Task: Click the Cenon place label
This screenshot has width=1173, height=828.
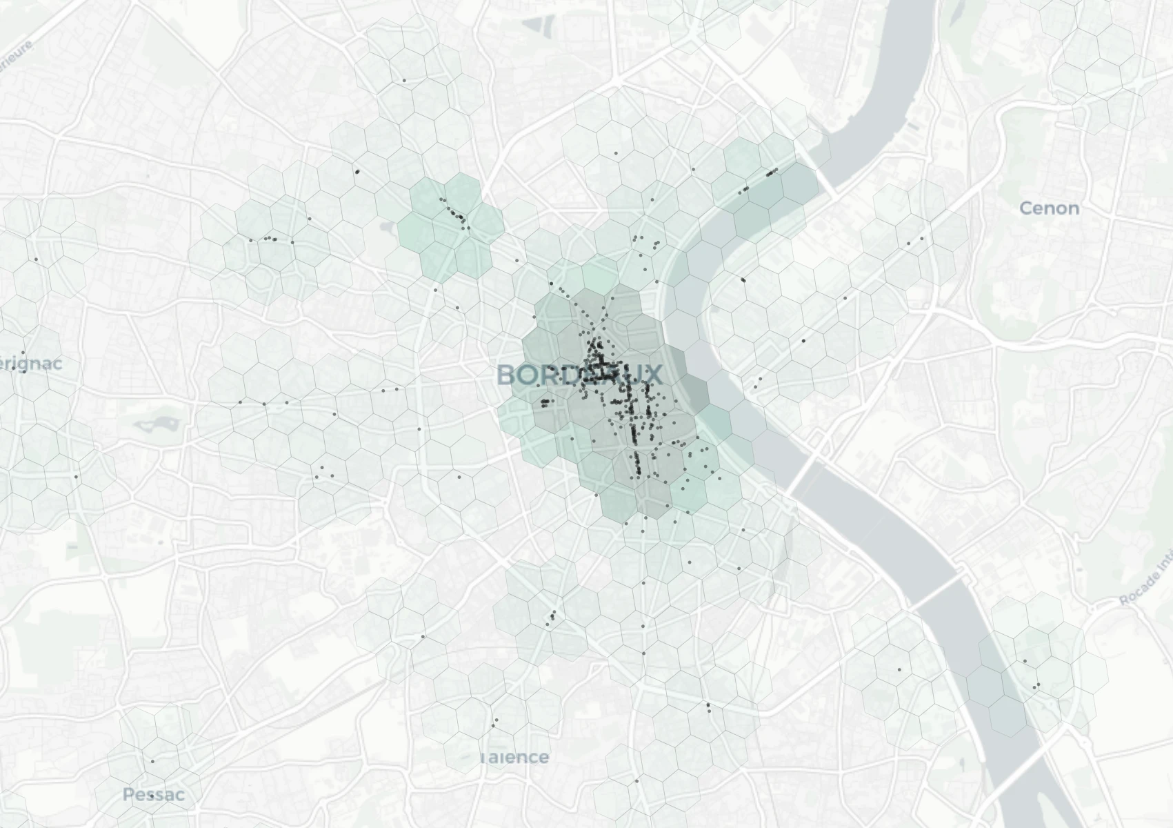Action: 1049,208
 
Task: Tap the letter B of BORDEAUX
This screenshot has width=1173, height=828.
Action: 507,375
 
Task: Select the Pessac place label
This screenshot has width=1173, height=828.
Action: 153,794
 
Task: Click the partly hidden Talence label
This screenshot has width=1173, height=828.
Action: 515,757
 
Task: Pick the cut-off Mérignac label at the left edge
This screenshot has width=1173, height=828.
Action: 30,363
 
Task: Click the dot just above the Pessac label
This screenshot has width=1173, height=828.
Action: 152,761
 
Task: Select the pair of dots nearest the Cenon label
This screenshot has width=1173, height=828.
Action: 915,241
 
